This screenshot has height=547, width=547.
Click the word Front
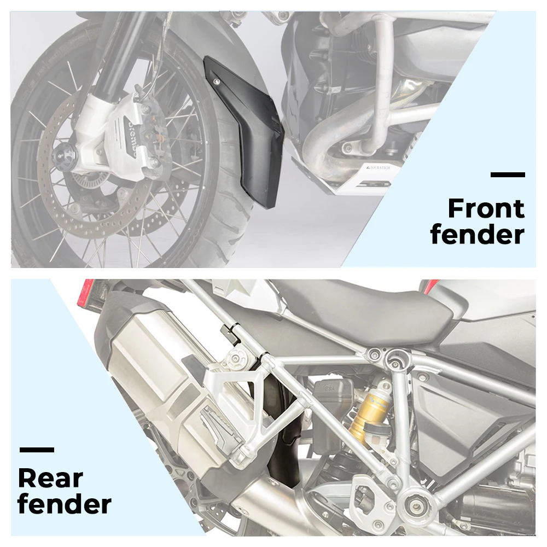486,209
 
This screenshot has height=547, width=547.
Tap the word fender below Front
477,235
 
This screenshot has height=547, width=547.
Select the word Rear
50,478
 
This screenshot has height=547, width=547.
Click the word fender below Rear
65,504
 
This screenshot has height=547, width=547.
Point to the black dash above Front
508,175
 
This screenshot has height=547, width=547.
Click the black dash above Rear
37,450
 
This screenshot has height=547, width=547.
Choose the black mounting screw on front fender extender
218,82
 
